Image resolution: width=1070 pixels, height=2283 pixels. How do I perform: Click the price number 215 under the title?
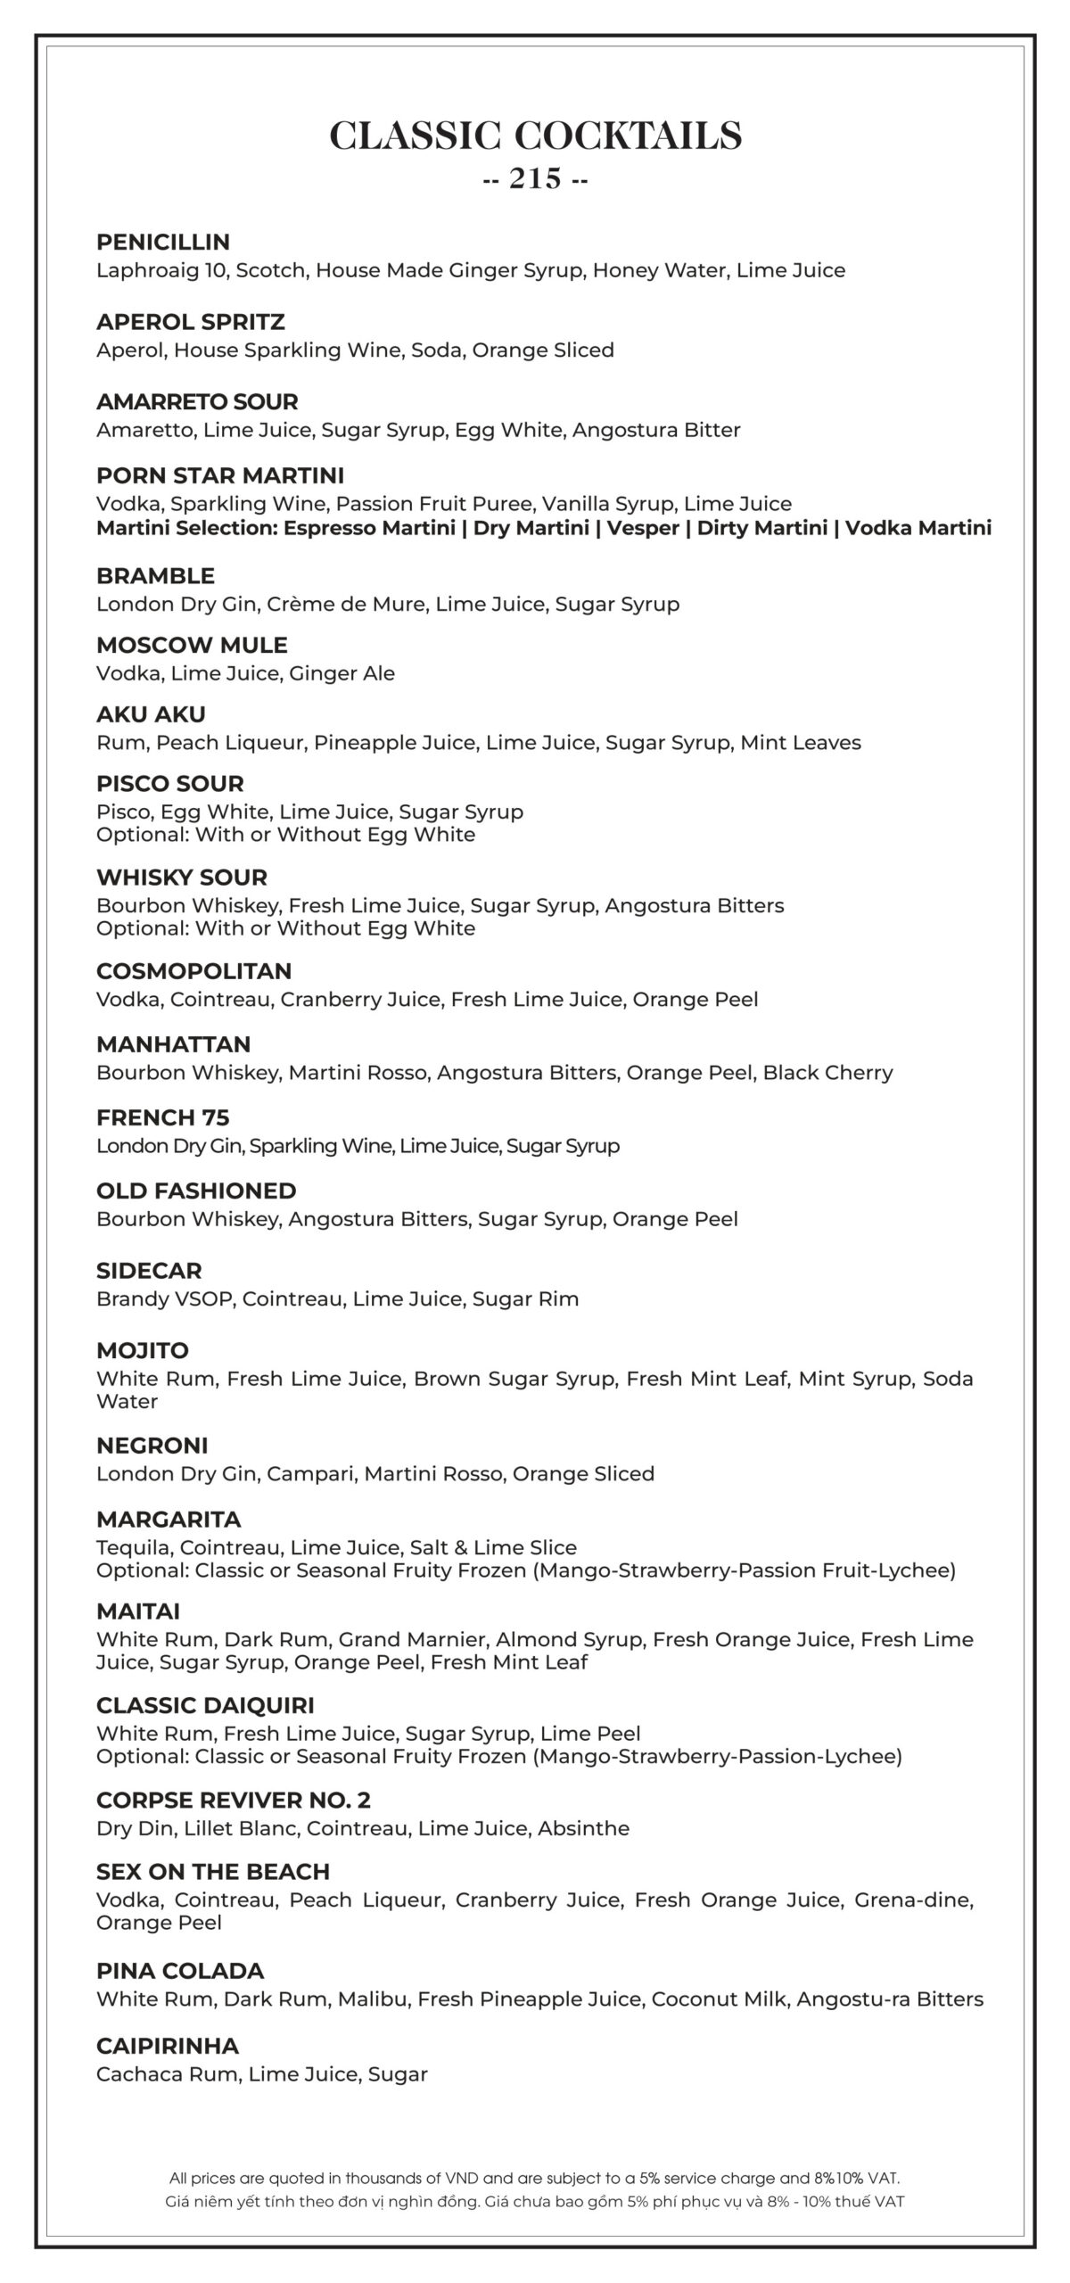pos(535,179)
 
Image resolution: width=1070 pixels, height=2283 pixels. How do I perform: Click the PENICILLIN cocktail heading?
pos(163,243)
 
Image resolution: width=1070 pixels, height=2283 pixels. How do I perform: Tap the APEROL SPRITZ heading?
pos(191,322)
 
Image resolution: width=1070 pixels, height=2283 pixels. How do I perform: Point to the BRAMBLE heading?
pos(155,576)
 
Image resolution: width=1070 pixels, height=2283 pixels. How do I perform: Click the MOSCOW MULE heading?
pos(192,646)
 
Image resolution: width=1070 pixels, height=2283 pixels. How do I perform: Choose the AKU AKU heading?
pos(151,714)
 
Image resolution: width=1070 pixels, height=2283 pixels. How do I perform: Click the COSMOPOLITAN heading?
pos(194,971)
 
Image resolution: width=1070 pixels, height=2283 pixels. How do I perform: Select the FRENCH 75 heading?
pos(163,1118)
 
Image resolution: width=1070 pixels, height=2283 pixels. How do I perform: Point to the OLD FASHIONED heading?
pos(196,1191)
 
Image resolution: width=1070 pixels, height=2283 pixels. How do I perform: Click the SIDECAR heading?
pos(149,1271)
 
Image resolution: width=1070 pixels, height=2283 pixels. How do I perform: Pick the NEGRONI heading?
pos(152,1446)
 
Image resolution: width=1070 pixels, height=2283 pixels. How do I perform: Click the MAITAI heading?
pos(138,1611)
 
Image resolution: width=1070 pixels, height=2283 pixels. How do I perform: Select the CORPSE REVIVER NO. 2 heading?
pos(234,1801)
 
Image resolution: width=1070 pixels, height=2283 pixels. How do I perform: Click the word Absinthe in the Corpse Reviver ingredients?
pos(583,1829)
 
